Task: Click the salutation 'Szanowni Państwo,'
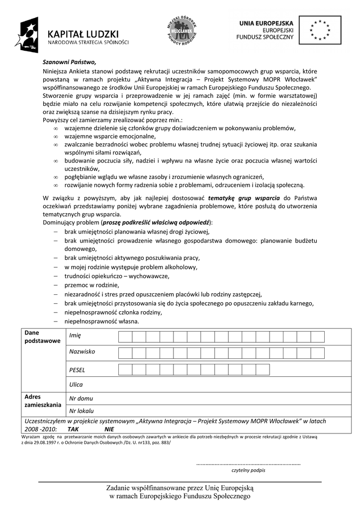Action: pyautogui.click(x=69, y=62)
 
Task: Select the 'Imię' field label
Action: pyautogui.click(x=75, y=335)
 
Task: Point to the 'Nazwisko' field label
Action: pyautogui.click(x=82, y=351)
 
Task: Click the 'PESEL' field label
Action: pyautogui.click(x=77, y=370)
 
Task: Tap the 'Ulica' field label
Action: pyautogui.click(x=76, y=384)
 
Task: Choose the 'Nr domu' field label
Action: pyautogui.click(x=81, y=398)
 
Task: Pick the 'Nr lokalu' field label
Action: pyautogui.click(x=82, y=411)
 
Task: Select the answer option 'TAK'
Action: pyautogui.click(x=74, y=428)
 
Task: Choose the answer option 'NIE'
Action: pyautogui.click(x=109, y=428)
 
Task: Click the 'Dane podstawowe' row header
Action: pyautogui.click(x=42, y=337)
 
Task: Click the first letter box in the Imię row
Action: pyautogui.click(x=125, y=337)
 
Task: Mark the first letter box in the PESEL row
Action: pyautogui.click(x=125, y=369)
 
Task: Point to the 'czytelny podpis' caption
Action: pyautogui.click(x=248, y=470)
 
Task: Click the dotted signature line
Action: pyautogui.click(x=249, y=463)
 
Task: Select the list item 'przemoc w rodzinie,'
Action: pyautogui.click(x=91, y=285)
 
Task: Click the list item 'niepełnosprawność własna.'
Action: pyautogui.click(x=101, y=321)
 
